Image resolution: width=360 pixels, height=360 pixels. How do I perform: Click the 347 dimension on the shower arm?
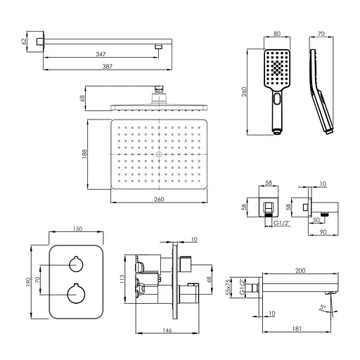101,54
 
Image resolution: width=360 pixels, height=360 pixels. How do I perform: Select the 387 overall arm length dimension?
108,67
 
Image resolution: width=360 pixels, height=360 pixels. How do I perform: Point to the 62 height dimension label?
24,41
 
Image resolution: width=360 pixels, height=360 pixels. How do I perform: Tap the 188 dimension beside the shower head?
84,154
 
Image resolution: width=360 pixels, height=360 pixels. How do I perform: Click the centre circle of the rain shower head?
159,154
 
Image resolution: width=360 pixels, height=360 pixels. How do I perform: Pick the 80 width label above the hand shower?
277,34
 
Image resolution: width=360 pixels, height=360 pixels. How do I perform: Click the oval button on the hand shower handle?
277,98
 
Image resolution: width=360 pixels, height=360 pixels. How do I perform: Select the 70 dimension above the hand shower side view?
321,34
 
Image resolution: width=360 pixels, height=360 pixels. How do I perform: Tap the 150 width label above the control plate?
77,229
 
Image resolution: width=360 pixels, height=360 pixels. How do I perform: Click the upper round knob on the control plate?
76,264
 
